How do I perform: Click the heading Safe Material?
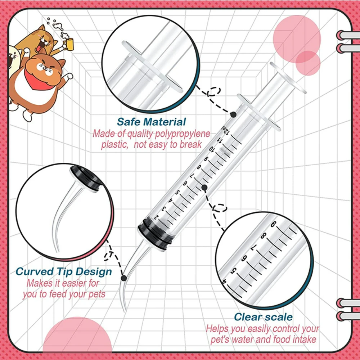click(151, 122)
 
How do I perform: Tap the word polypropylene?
click(183, 134)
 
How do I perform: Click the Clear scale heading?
click(263, 317)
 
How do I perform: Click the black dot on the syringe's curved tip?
click(123, 278)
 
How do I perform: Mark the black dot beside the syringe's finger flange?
click(233, 114)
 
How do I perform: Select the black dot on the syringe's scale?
click(204, 187)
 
